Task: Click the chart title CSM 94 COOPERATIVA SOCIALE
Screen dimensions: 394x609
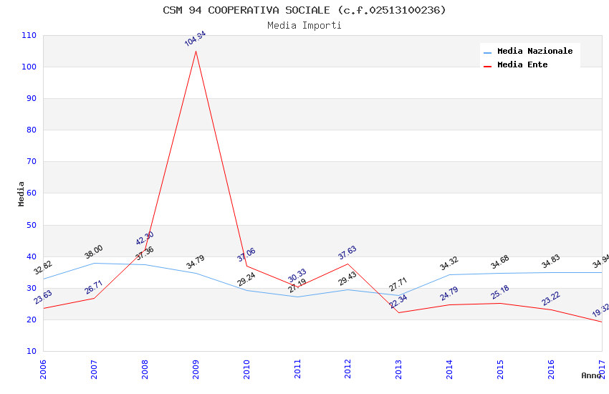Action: pyautogui.click(x=304, y=10)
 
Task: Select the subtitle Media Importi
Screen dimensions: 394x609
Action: pyautogui.click(x=304, y=25)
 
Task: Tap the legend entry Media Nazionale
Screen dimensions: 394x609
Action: pyautogui.click(x=534, y=51)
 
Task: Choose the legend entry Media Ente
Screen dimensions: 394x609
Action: pyautogui.click(x=522, y=64)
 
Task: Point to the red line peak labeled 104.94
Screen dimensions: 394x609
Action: pyautogui.click(x=196, y=51)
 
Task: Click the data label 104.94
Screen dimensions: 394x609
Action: pyautogui.click(x=195, y=39)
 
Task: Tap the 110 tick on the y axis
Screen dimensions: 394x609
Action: pyautogui.click(x=29, y=35)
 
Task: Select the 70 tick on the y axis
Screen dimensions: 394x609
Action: pyautogui.click(x=32, y=162)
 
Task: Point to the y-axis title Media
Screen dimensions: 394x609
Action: pyautogui.click(x=21, y=193)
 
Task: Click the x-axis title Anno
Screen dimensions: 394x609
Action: pyautogui.click(x=591, y=375)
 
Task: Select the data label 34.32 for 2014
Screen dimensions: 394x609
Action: pyautogui.click(x=449, y=263)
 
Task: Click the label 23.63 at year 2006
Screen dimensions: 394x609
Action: pyautogui.click(x=43, y=297)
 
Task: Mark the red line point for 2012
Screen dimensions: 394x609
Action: pyautogui.click(x=348, y=264)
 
